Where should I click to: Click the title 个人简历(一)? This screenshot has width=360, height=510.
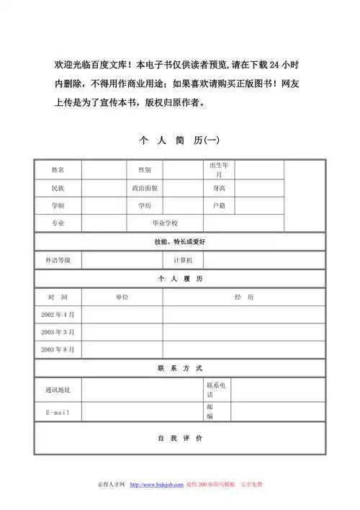[180, 140]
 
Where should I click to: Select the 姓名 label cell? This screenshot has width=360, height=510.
[58, 170]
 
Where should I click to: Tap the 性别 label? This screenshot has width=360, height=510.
[145, 170]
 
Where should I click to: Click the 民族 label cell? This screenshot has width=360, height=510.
[58, 188]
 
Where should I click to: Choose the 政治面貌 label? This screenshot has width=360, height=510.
[145, 188]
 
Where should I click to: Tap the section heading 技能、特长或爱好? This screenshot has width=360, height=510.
[180, 241]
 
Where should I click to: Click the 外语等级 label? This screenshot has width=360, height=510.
[58, 259]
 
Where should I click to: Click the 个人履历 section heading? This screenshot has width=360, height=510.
[180, 278]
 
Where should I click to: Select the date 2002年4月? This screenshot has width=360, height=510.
[58, 315]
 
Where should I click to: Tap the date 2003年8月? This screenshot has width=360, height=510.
[58, 349]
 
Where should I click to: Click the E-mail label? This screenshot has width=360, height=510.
[58, 412]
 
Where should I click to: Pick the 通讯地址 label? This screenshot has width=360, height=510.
[58, 390]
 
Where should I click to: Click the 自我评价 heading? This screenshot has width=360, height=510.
[180, 438]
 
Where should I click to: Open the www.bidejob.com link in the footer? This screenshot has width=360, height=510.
[156, 484]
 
